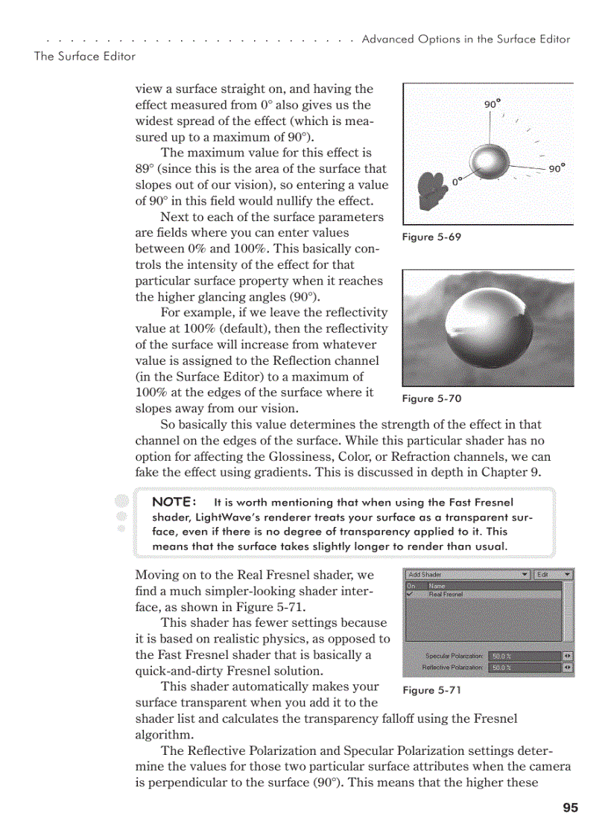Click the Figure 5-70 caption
coord(432,398)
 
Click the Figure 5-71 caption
coord(432,690)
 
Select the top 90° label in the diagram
coord(493,104)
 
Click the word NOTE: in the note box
coord(174,502)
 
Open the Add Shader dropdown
coord(468,575)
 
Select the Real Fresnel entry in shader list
coord(446,594)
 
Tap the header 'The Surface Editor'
coord(85,56)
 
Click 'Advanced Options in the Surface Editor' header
coord(466,39)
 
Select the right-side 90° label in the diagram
coord(557,169)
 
